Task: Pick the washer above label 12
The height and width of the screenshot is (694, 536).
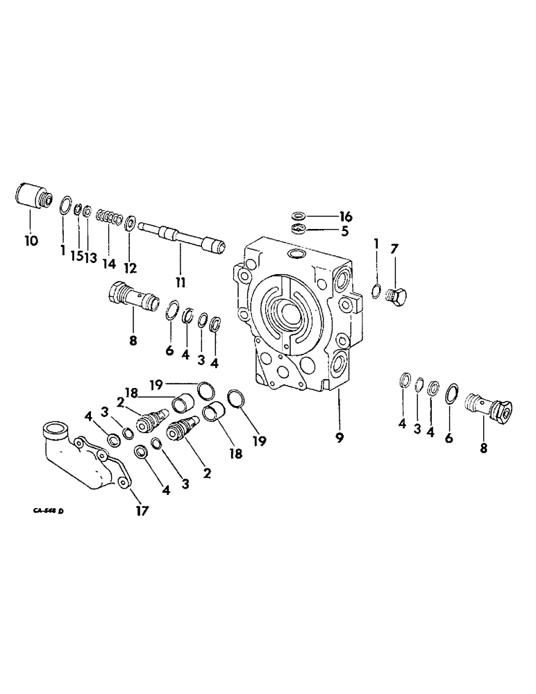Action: (130, 223)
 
